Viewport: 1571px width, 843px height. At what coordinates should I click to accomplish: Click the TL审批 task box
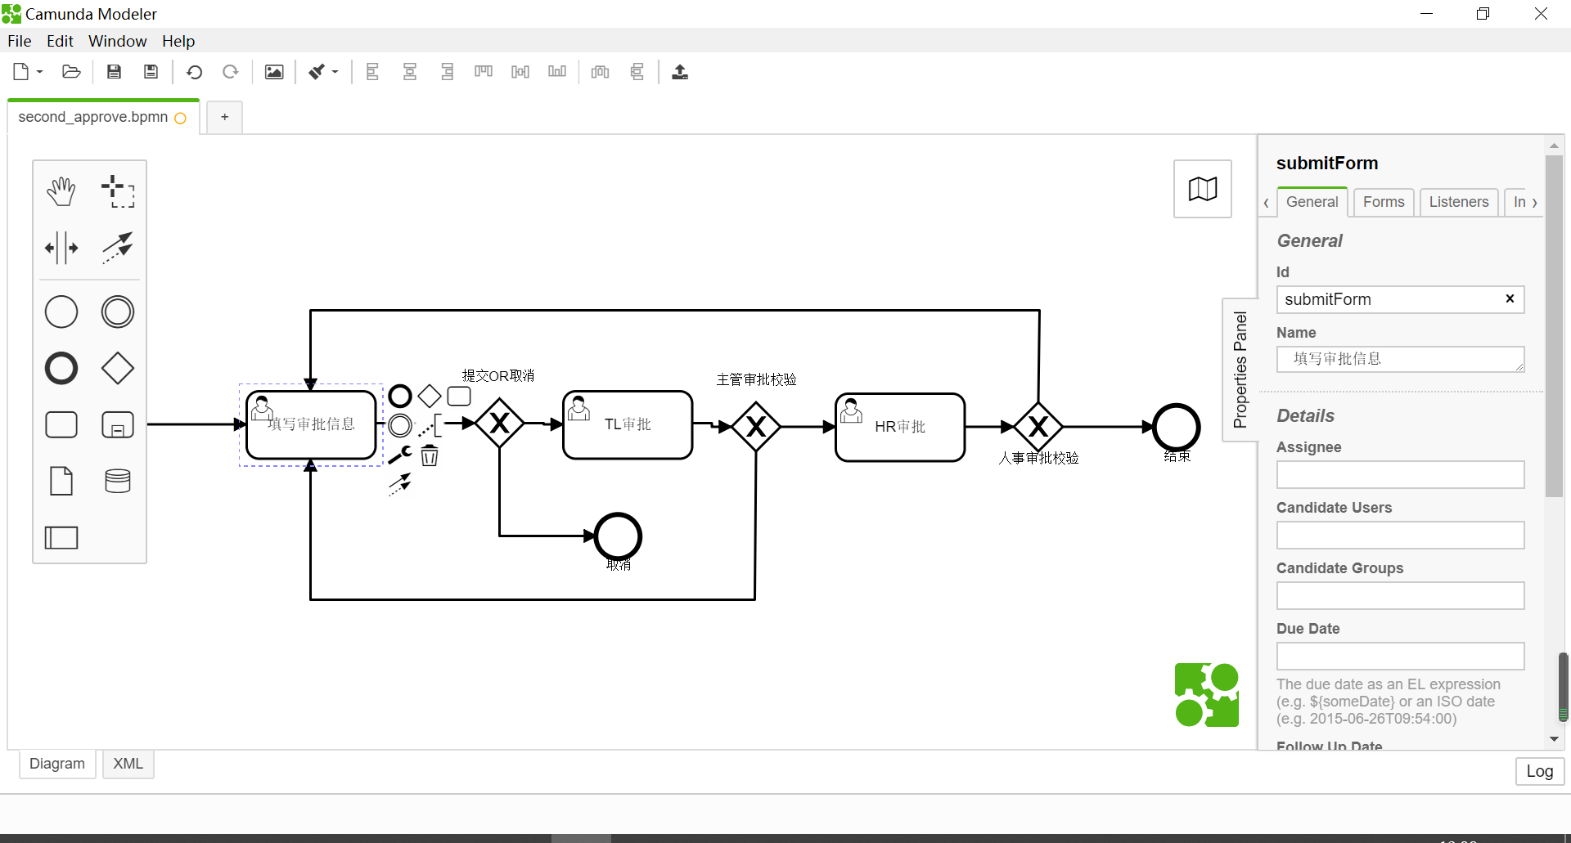click(x=628, y=425)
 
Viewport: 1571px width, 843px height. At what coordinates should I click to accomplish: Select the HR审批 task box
click(x=900, y=428)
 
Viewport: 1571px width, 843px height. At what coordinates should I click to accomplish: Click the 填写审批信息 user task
click(x=311, y=425)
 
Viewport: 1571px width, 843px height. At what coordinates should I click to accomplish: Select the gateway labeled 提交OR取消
click(x=499, y=424)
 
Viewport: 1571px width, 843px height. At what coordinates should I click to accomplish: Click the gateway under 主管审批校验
click(x=756, y=426)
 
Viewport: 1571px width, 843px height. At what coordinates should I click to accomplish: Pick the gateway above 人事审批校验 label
click(x=1038, y=426)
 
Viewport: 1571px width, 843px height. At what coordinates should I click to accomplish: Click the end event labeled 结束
click(x=1176, y=427)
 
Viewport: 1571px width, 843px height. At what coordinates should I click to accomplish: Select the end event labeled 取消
click(x=618, y=536)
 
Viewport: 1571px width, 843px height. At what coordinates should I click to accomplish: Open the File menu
click(x=20, y=41)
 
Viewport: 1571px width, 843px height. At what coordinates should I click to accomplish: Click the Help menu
click(x=178, y=41)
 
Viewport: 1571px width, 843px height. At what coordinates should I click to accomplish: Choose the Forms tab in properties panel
click(x=1383, y=202)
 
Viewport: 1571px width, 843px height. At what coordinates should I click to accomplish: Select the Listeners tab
click(x=1458, y=202)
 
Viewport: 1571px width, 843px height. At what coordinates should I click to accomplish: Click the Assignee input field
click(x=1400, y=475)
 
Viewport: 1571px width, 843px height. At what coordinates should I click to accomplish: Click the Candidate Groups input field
click(x=1400, y=596)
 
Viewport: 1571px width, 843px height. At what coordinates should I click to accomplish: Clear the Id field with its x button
click(x=1510, y=298)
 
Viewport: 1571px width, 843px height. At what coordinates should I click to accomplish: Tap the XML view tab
click(x=128, y=764)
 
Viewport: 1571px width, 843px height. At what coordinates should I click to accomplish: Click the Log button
click(x=1539, y=771)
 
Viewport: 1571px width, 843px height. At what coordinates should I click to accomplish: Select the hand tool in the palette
click(x=61, y=191)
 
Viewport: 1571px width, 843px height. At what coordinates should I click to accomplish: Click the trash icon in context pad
click(x=430, y=455)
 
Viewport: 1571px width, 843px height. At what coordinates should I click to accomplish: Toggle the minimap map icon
click(x=1202, y=189)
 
